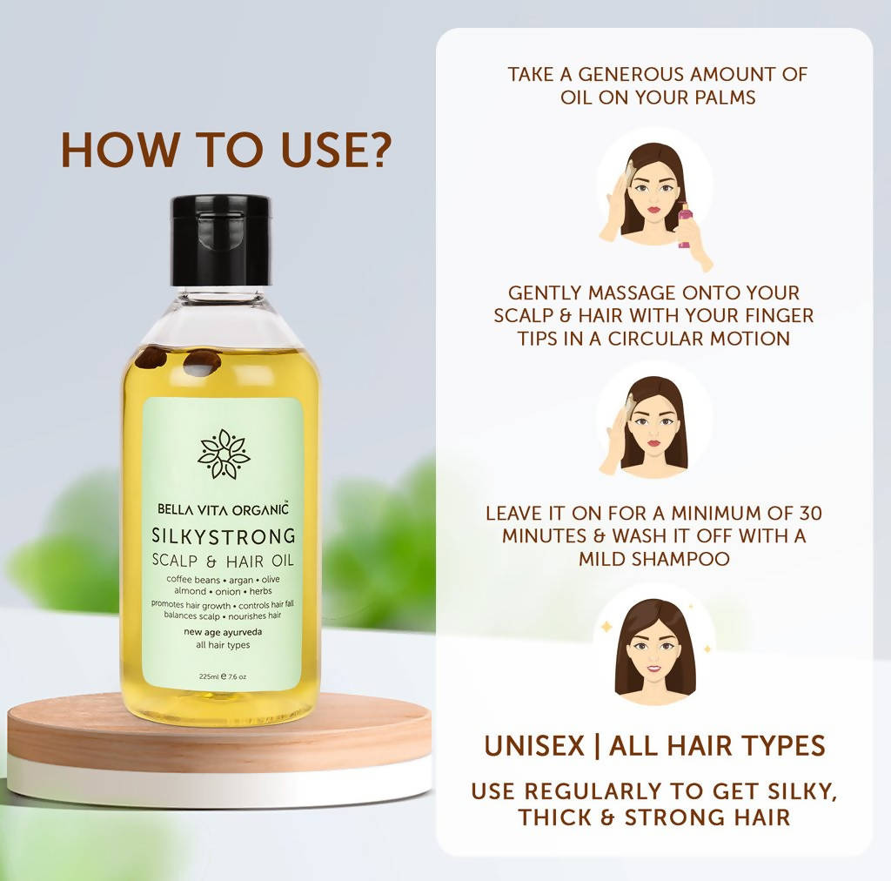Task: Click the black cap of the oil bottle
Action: pos(222,240)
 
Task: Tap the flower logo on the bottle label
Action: pos(224,454)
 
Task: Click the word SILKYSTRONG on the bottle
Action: pos(224,535)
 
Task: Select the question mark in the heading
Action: pos(375,150)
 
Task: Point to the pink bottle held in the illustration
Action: pos(685,225)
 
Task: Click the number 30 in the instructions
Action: pos(810,514)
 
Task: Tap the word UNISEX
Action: pos(534,745)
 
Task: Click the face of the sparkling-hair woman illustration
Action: pos(653,651)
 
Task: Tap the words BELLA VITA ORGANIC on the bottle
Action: pos(223,509)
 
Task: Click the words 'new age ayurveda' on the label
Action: pos(223,632)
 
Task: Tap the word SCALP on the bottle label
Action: pos(175,561)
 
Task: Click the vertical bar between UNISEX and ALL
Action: pos(596,746)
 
